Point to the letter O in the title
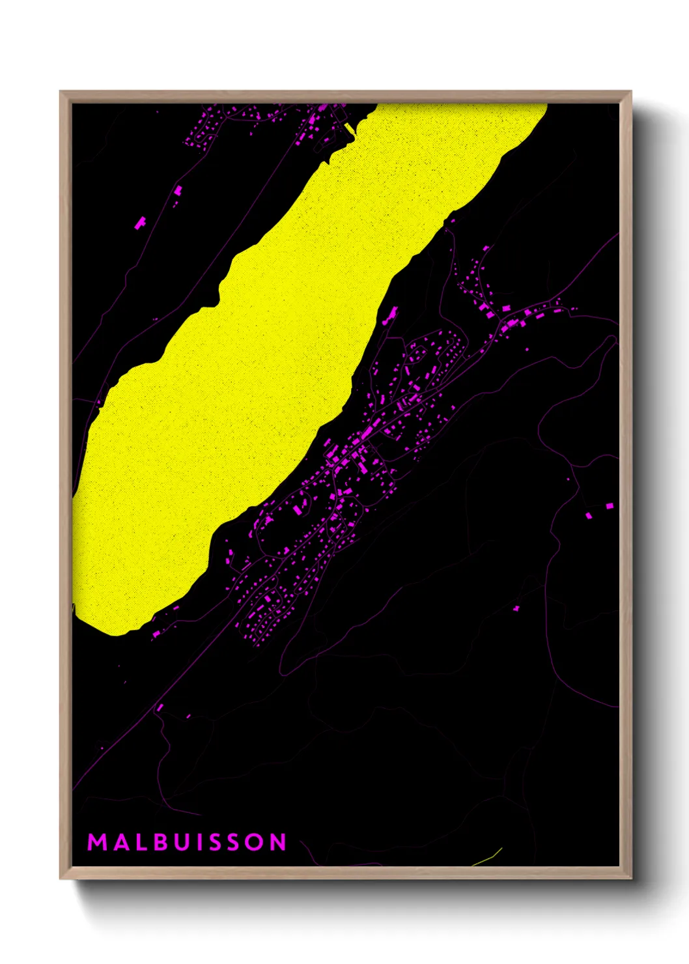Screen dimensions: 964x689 [x=255, y=842]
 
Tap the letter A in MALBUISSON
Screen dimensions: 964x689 [x=120, y=842]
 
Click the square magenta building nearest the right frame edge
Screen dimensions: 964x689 [x=610, y=505]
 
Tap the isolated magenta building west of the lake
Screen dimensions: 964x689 [x=140, y=223]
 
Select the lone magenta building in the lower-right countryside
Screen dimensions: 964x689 [x=516, y=608]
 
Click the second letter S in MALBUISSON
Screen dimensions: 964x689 [x=236, y=842]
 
